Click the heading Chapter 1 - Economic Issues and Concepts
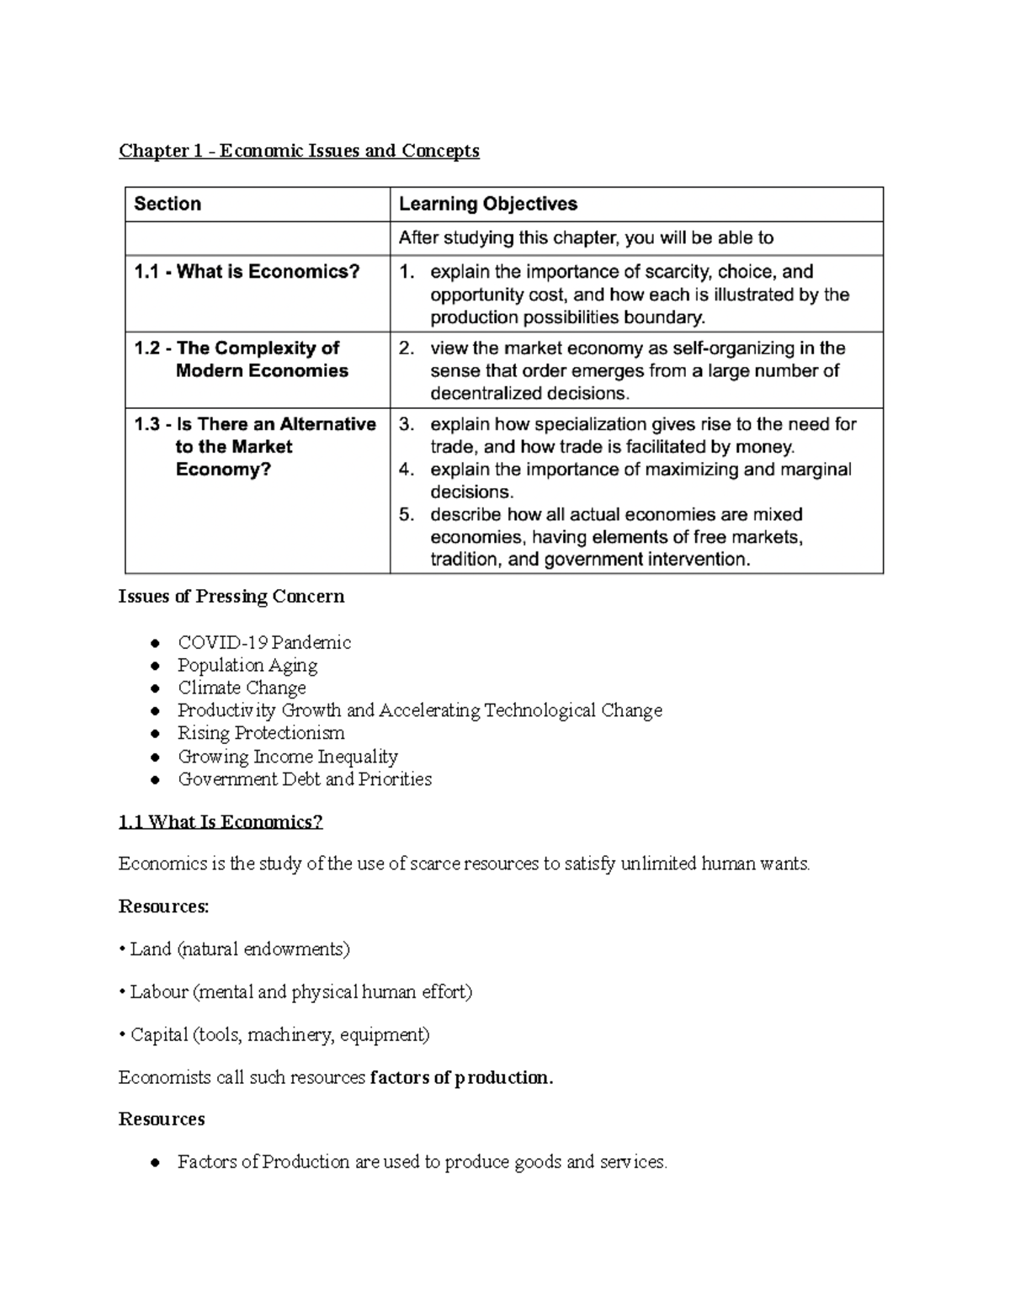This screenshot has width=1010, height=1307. (x=299, y=151)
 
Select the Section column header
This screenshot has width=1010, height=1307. (x=167, y=204)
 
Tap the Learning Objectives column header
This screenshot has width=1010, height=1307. (x=487, y=204)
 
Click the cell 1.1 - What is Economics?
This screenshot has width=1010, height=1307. (x=247, y=272)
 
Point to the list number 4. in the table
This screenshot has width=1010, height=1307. (x=407, y=470)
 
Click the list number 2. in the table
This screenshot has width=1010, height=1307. (x=407, y=348)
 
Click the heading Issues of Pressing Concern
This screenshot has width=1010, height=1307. (x=231, y=597)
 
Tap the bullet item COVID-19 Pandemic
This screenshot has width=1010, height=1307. (x=263, y=643)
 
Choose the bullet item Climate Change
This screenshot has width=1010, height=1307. (x=242, y=688)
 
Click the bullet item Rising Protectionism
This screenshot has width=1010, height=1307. (x=261, y=734)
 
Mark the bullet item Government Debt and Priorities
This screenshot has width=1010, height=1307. (x=305, y=779)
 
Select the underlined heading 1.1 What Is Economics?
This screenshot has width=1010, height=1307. (x=221, y=822)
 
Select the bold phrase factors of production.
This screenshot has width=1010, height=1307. (x=460, y=1078)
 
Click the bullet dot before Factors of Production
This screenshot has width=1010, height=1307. (x=155, y=1164)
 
